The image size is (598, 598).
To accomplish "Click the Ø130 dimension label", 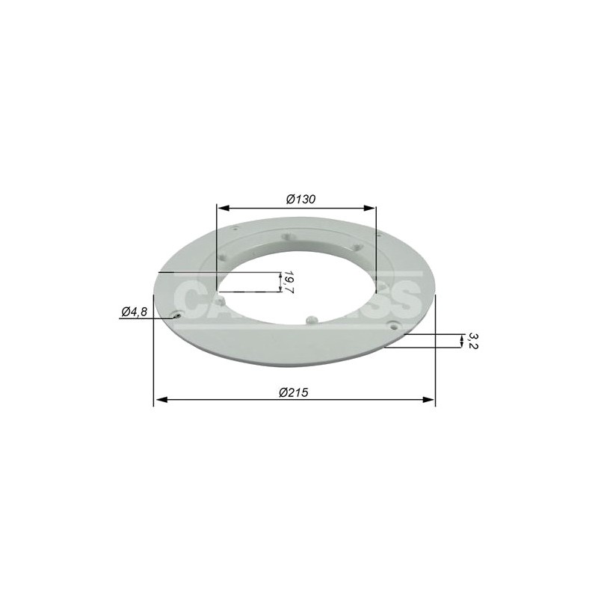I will (x=301, y=199).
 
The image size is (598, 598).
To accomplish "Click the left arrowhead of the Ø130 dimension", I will (x=220, y=209).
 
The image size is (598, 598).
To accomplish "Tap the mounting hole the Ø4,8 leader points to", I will (x=176, y=316).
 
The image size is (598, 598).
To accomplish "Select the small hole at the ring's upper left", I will (x=235, y=229).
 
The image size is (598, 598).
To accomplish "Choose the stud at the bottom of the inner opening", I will (x=312, y=319).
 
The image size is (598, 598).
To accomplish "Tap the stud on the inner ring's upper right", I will (x=357, y=248).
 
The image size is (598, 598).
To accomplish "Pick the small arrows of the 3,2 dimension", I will (x=460, y=342).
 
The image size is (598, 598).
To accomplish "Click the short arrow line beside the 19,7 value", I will (x=280, y=282).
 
